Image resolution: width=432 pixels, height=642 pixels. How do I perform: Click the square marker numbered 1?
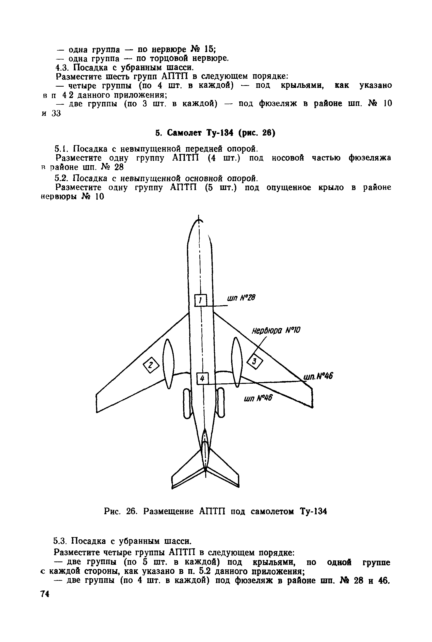(201, 300)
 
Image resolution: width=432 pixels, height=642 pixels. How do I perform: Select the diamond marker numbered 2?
(151, 365)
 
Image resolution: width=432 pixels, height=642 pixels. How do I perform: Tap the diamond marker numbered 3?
(254, 361)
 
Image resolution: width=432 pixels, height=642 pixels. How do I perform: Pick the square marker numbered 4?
(202, 379)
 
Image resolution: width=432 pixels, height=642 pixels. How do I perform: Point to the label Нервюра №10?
(276, 330)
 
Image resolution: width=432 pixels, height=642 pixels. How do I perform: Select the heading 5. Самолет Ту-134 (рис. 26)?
(215, 133)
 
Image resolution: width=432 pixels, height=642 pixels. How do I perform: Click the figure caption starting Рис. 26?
(215, 511)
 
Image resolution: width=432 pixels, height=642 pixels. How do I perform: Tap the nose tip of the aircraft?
(199, 220)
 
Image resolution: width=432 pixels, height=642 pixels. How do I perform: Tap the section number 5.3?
(60, 541)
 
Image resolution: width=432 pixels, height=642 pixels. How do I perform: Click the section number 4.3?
(62, 68)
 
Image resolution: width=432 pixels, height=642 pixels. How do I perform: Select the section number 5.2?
(61, 179)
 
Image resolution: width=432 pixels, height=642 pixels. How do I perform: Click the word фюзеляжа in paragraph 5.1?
(370, 158)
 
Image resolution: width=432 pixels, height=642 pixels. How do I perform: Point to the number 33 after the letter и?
(56, 113)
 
